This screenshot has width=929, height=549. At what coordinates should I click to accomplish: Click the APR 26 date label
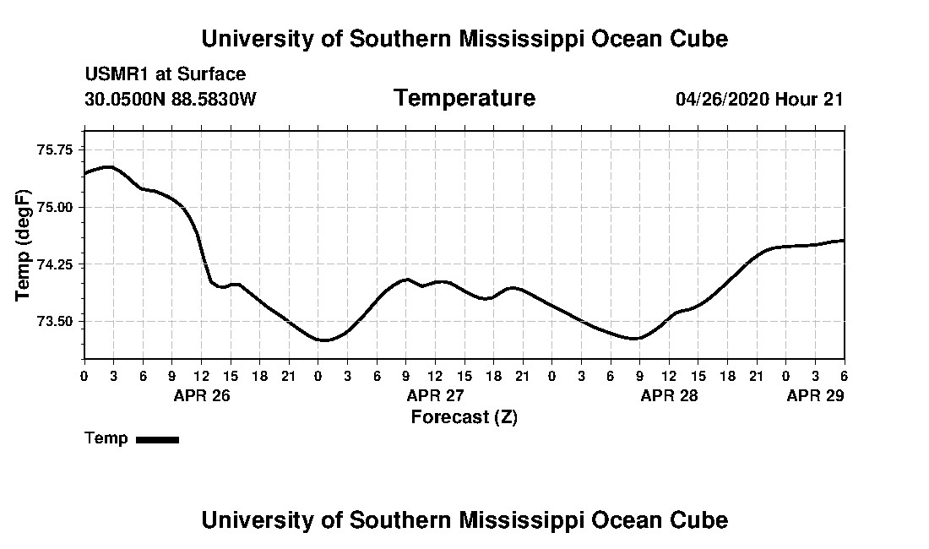point(202,395)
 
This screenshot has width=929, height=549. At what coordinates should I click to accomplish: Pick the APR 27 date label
point(436,395)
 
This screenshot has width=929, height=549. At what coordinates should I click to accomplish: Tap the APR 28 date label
point(670,395)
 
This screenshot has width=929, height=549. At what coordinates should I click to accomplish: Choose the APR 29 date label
point(815,395)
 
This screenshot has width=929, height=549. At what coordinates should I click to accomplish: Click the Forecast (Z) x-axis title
point(465,417)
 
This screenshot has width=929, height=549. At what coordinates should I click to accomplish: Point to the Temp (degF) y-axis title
point(23,245)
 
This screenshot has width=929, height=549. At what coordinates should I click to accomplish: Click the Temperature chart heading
point(465,98)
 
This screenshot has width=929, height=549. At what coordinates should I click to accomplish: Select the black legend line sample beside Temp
point(158,439)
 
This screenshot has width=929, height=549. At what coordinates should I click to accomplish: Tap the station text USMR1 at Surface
point(166,74)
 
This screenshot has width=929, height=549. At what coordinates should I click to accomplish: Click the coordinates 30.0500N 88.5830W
point(171,99)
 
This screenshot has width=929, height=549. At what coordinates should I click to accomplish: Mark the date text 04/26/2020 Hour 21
point(759,99)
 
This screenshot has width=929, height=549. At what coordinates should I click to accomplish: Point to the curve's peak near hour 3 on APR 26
point(109,167)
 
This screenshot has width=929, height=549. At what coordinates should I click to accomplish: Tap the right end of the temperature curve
point(844,241)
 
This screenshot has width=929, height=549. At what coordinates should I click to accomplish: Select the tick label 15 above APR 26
point(231,376)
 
